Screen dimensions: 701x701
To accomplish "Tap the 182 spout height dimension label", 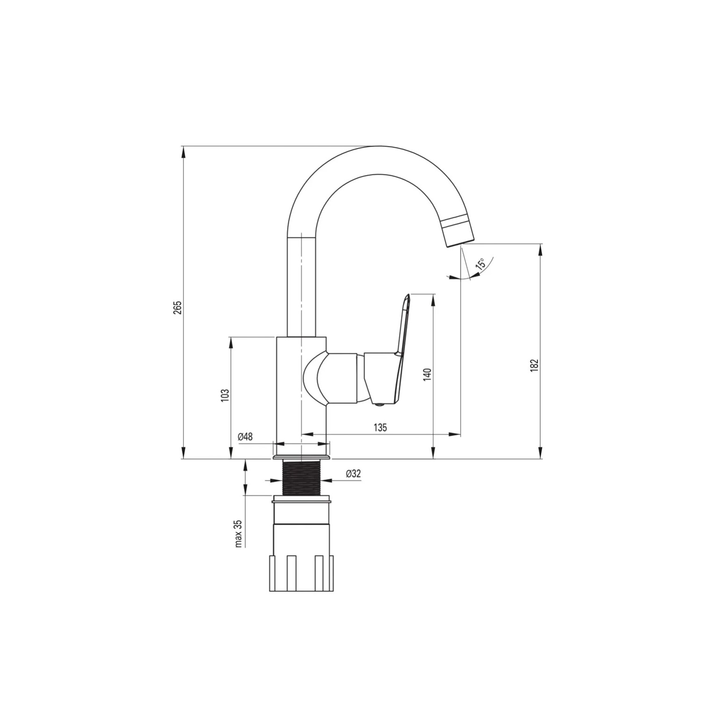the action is pyautogui.click(x=535, y=365).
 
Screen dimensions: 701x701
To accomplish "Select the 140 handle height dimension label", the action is pyautogui.click(x=427, y=375).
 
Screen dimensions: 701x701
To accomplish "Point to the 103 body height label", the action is pyautogui.click(x=225, y=395).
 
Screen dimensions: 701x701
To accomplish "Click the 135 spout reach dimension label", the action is pyautogui.click(x=380, y=428).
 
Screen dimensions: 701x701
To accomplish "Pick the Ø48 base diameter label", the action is pyautogui.click(x=245, y=437).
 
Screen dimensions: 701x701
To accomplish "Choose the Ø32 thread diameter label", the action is pyautogui.click(x=353, y=473).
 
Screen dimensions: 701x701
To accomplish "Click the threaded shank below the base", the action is pyautogui.click(x=301, y=477).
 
